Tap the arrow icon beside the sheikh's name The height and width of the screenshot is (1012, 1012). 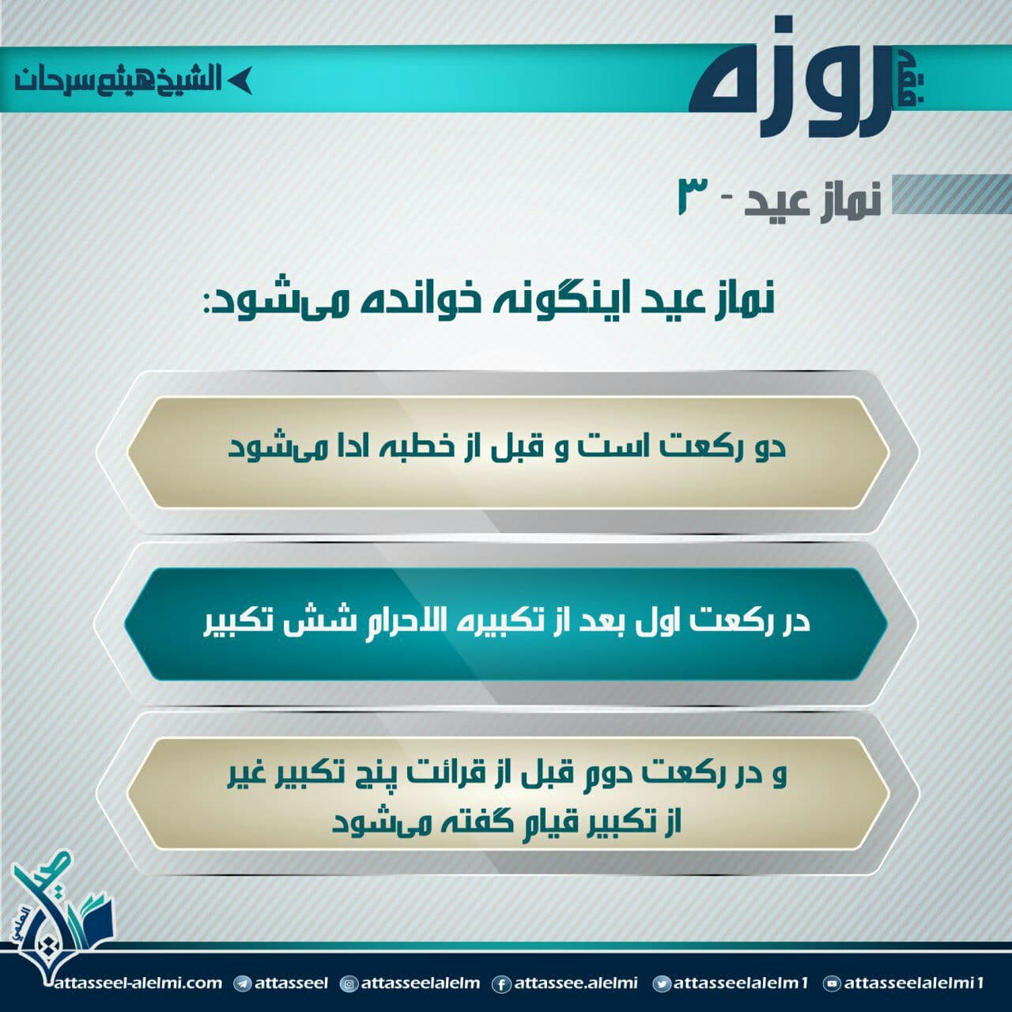click(x=239, y=81)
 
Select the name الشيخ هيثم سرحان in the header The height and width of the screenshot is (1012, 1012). click(x=118, y=80)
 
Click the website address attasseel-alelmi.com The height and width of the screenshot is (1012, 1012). click(x=138, y=983)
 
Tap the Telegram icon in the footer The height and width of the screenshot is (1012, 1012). click(x=242, y=984)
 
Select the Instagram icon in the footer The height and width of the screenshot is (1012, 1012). click(x=349, y=984)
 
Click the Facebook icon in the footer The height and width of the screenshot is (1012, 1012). click(x=501, y=984)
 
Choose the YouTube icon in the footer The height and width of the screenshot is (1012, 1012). click(x=831, y=984)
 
